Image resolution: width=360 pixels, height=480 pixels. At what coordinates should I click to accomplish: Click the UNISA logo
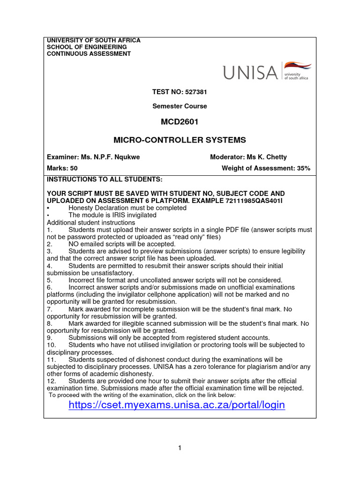[x=266, y=72]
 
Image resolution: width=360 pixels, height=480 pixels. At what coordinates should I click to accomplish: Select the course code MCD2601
[x=180, y=122]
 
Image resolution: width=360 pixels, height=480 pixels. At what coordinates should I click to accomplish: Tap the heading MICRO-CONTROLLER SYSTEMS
[x=180, y=140]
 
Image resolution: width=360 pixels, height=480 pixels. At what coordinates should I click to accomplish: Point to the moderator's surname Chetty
[x=277, y=157]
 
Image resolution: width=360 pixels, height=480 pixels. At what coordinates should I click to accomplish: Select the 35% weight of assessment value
[x=304, y=168]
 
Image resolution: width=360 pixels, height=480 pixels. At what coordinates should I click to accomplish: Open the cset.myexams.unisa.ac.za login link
[x=177, y=405]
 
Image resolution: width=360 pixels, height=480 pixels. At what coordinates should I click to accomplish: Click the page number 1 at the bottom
[x=180, y=448]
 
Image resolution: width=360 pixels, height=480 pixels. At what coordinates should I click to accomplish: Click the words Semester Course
[x=180, y=106]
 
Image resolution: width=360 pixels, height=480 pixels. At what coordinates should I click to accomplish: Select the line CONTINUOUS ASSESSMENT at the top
[x=89, y=53]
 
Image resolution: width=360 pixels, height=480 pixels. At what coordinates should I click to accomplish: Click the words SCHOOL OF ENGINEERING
[x=87, y=47]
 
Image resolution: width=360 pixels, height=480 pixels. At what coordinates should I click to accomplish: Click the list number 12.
[x=51, y=381]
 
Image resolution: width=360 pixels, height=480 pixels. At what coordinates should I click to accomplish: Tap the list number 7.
[x=49, y=309]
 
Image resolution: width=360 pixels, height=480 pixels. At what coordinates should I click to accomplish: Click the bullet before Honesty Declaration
[x=48, y=208]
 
